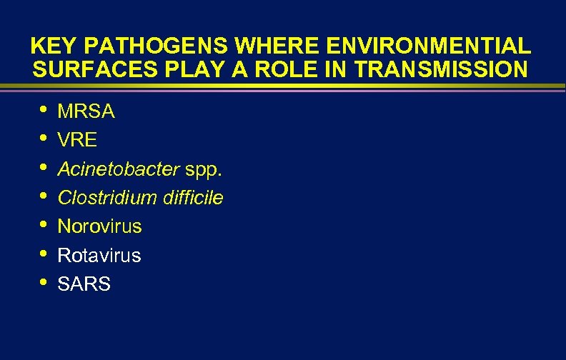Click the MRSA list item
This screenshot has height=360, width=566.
(86, 112)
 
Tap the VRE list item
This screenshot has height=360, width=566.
(77, 141)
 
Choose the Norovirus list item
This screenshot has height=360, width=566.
(99, 226)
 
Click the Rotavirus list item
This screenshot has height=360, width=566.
(99, 255)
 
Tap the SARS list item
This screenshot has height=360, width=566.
(84, 284)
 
